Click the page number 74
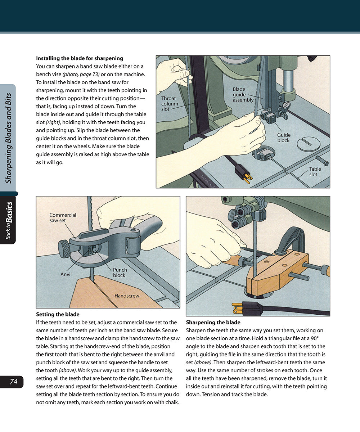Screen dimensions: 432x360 pyautogui.click(x=14, y=382)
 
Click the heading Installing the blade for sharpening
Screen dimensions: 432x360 pyautogui.click(x=80, y=58)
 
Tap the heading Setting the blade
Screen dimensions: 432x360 pyautogui.click(x=58, y=314)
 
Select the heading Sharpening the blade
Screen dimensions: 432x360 pyautogui.click(x=213, y=322)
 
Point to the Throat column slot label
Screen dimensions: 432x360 pyautogui.click(x=170, y=103)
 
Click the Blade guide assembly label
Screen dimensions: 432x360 pyautogui.click(x=243, y=94)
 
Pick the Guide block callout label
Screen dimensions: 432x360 pyautogui.click(x=284, y=138)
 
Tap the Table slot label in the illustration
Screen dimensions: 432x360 pyautogui.click(x=315, y=172)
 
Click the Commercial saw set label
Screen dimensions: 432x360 pyautogui.click(x=63, y=217)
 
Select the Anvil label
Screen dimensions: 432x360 pyautogui.click(x=66, y=274)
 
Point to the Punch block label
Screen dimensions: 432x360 pyautogui.click(x=120, y=273)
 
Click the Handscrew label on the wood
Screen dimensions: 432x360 pyautogui.click(x=127, y=296)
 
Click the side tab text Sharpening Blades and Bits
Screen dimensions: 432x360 pyautogui.click(x=9, y=138)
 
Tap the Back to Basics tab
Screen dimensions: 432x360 pyautogui.click(x=9, y=220)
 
